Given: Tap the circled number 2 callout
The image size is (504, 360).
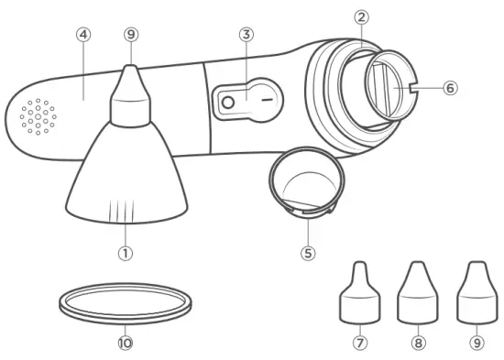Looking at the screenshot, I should (x=362, y=17).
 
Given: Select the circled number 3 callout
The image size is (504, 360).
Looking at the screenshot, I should (x=246, y=36).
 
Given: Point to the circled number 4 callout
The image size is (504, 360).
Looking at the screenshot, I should (x=83, y=35).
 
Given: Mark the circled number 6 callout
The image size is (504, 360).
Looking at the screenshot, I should (x=449, y=88).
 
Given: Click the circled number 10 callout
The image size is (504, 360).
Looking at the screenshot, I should (x=126, y=344).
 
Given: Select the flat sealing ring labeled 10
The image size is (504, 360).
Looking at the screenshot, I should (x=126, y=302).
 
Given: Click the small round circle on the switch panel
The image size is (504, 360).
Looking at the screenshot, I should (x=229, y=104).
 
